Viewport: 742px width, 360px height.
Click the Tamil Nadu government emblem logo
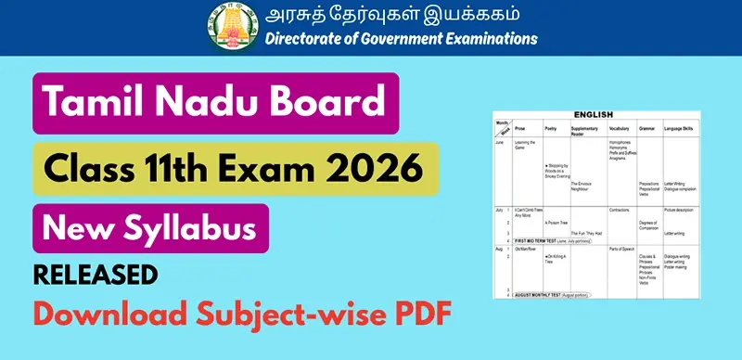coord(228,26)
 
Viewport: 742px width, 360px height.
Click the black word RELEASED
coord(96,275)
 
